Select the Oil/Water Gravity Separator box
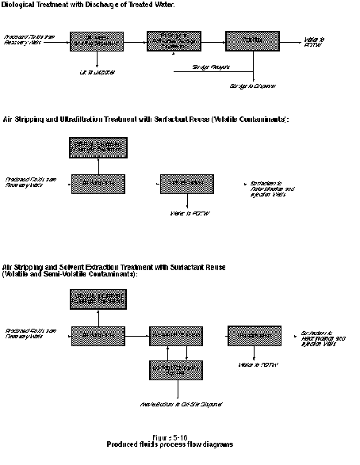[96, 40]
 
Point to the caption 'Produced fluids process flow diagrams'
[170, 444]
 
